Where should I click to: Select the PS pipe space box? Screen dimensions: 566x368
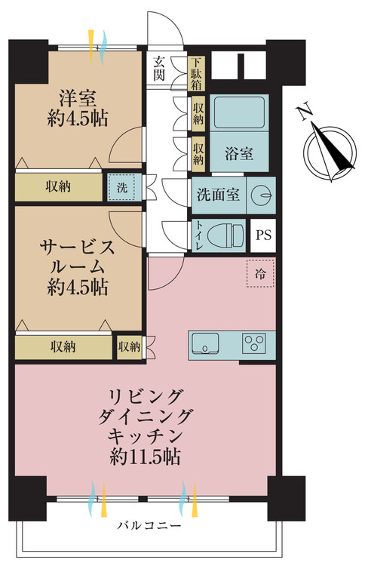click(263, 234)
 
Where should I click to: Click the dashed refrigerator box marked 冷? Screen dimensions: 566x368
click(259, 272)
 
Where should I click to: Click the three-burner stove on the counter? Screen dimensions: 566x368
click(257, 343)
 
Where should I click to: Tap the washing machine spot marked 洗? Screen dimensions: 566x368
click(120, 186)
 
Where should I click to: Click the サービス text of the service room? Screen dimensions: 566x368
click(77, 246)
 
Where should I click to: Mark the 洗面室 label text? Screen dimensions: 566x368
click(219, 195)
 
